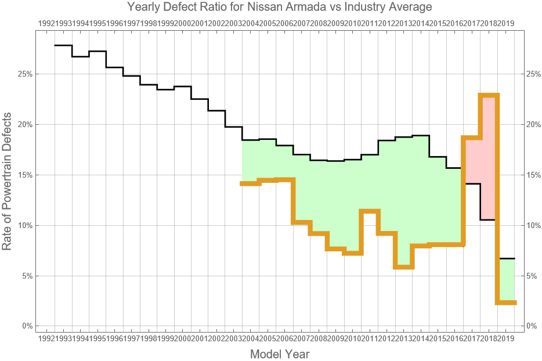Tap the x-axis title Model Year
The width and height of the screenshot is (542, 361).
pos(279,353)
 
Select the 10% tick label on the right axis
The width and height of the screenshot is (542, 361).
pos(533,225)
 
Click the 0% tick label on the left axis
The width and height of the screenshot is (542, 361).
pos(26,326)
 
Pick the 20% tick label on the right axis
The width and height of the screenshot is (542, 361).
pos(533,125)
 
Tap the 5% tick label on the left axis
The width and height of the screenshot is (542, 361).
pos(26,276)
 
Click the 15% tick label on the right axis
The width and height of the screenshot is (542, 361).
pos(533,175)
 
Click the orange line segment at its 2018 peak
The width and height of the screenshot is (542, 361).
pos(489,95)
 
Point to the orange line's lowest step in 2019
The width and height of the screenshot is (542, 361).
pos(506,302)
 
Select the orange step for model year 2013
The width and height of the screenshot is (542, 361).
pos(404,267)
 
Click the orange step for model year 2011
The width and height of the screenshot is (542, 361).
pos(370,211)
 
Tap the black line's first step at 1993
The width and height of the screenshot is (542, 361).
pos(63,45)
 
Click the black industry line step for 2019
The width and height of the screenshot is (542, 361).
pos(506,258)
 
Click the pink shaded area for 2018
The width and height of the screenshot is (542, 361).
pos(489,157)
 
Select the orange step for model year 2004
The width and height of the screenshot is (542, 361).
pos(251,183)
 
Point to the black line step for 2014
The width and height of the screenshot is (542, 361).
pos(421,135)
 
